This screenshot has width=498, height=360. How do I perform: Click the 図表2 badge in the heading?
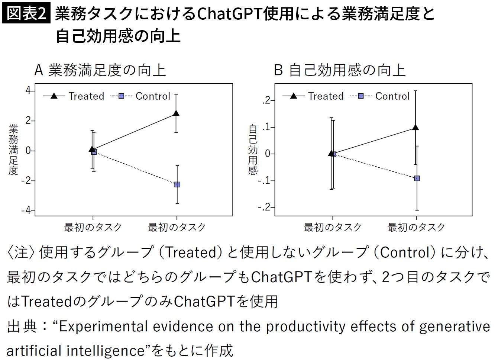pos(26,14)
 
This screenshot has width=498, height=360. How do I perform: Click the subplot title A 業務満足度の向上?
pos(100,70)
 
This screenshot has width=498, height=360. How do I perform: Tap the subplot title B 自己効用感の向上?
pos(339,70)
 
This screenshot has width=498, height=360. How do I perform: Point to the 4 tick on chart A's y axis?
pos(28,91)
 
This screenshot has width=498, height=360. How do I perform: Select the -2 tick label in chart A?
pos(26,181)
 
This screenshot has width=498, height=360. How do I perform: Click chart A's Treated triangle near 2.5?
pos(176,113)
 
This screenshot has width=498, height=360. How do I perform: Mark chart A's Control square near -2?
pos(177,184)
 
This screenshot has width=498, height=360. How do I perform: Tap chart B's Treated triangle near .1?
pos(415,128)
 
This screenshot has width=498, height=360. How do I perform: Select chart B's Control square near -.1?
pos(417,179)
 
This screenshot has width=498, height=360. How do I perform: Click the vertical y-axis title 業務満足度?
pos(13,150)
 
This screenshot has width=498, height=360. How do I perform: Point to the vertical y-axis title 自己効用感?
pos(253,150)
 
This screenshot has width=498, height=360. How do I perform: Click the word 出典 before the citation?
pos(22,327)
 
